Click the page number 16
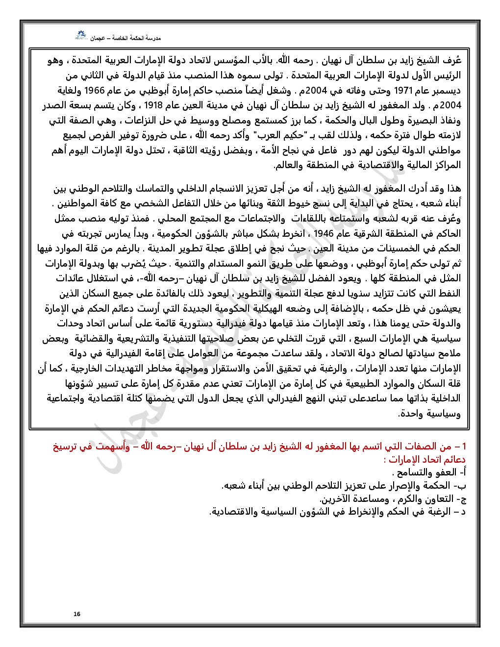click(77, 614)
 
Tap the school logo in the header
click(80, 36)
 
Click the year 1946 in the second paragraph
click(324, 233)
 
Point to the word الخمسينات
click(388, 249)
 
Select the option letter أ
click(462, 473)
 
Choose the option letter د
click(462, 512)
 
